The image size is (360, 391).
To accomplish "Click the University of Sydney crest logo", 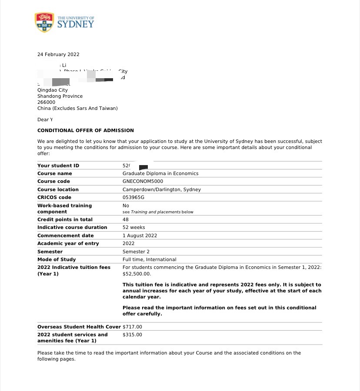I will pos(44,22).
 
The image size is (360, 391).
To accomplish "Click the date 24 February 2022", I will pos(58,54).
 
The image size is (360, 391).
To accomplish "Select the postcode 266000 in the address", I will pos(46,102).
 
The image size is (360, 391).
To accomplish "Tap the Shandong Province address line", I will pos(60,96).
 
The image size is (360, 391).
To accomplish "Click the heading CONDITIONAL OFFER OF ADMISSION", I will pos(86,130).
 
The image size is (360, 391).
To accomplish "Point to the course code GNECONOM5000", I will pos(143,181).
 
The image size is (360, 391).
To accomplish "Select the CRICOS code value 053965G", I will pos(133,197).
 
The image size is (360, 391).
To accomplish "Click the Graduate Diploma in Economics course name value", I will pos(160,173).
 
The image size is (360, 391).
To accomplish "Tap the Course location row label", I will pos(58,189).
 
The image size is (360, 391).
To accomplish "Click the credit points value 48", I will pos(126,219).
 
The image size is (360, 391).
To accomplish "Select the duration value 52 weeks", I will pos(134,227).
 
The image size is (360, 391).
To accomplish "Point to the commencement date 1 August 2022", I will pos(140,235).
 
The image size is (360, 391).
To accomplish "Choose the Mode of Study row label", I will pos(57,259).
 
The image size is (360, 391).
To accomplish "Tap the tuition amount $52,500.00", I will pos(137,274).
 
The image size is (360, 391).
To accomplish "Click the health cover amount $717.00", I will pos(132,327).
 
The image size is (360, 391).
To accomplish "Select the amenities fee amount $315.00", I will pos(132,335).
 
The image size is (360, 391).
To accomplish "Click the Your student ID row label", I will pos(58,166).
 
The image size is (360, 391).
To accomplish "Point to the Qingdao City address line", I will pos(53,90).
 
